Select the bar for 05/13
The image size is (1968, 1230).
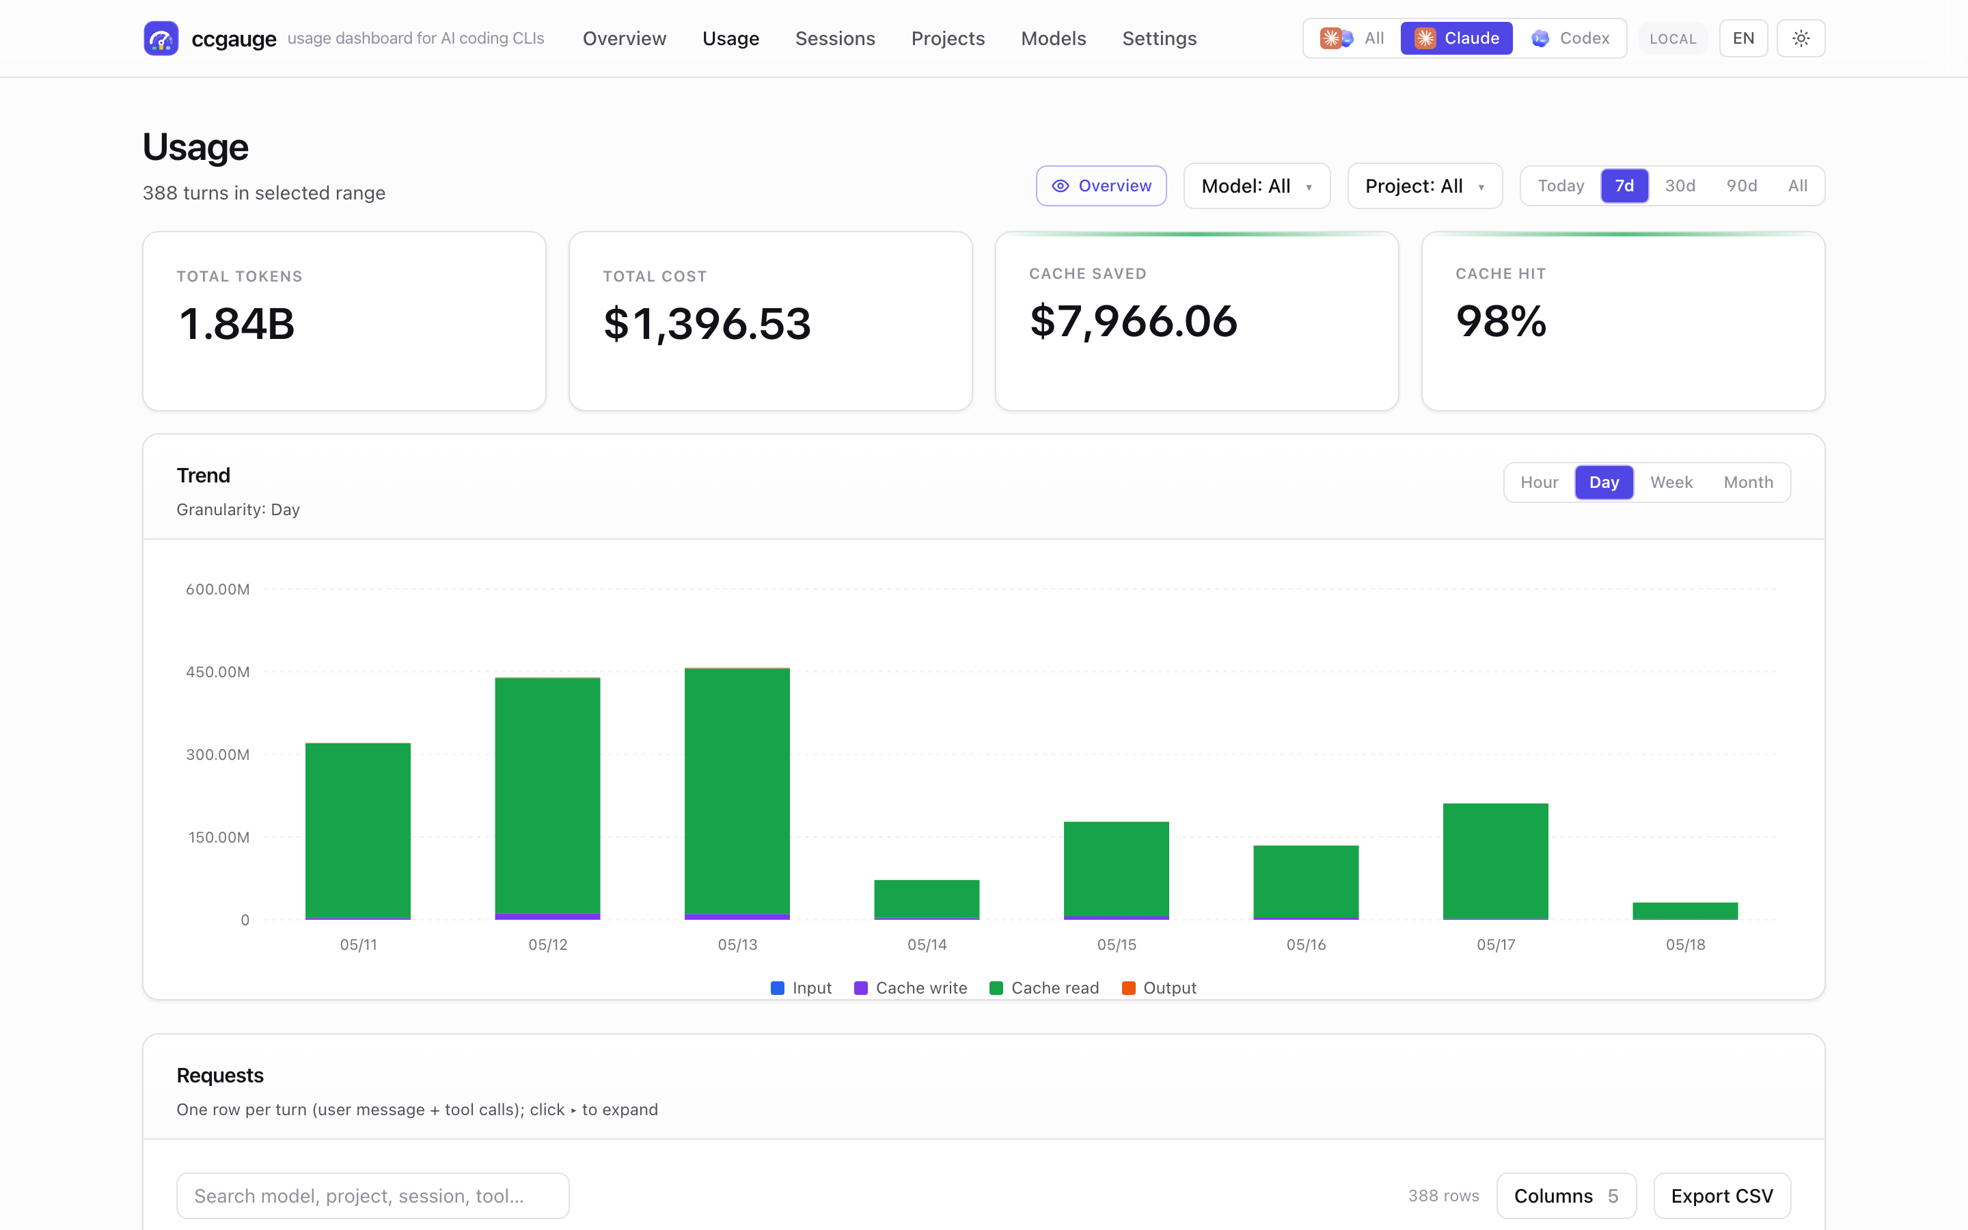[x=737, y=793]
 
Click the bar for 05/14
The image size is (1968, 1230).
[x=927, y=900]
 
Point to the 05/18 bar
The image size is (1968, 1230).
[x=1685, y=911]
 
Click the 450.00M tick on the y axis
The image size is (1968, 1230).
[x=218, y=672]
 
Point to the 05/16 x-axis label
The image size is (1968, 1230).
[x=1306, y=944]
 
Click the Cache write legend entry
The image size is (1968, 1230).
[x=911, y=987]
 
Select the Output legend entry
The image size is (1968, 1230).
[x=1159, y=987]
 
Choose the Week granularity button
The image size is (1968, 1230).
[x=1671, y=482]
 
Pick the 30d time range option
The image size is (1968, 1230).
[x=1680, y=185]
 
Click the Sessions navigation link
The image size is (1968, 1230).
[x=835, y=38]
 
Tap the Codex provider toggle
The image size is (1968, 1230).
[x=1570, y=38]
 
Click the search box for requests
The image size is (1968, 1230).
[x=372, y=1196]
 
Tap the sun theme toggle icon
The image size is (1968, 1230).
[x=1801, y=38]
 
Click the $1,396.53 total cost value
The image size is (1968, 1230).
[x=707, y=324]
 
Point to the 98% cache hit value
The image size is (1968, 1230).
[x=1501, y=321]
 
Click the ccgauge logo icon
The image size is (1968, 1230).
[x=161, y=38]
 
